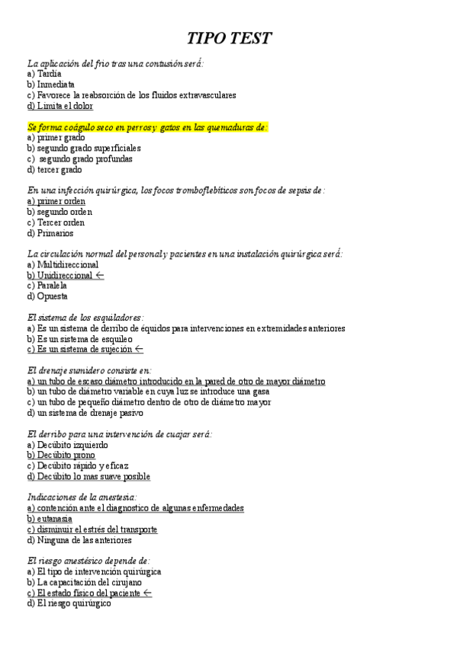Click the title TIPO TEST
coord(230,39)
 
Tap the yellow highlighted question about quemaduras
coord(147,127)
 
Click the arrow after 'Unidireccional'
coord(100,275)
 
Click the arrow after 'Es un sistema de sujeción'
coord(139,349)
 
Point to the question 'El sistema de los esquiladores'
coord(85,317)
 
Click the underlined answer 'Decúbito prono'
coord(60,455)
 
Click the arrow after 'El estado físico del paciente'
coord(147,593)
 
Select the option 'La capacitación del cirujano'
coord(84,582)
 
